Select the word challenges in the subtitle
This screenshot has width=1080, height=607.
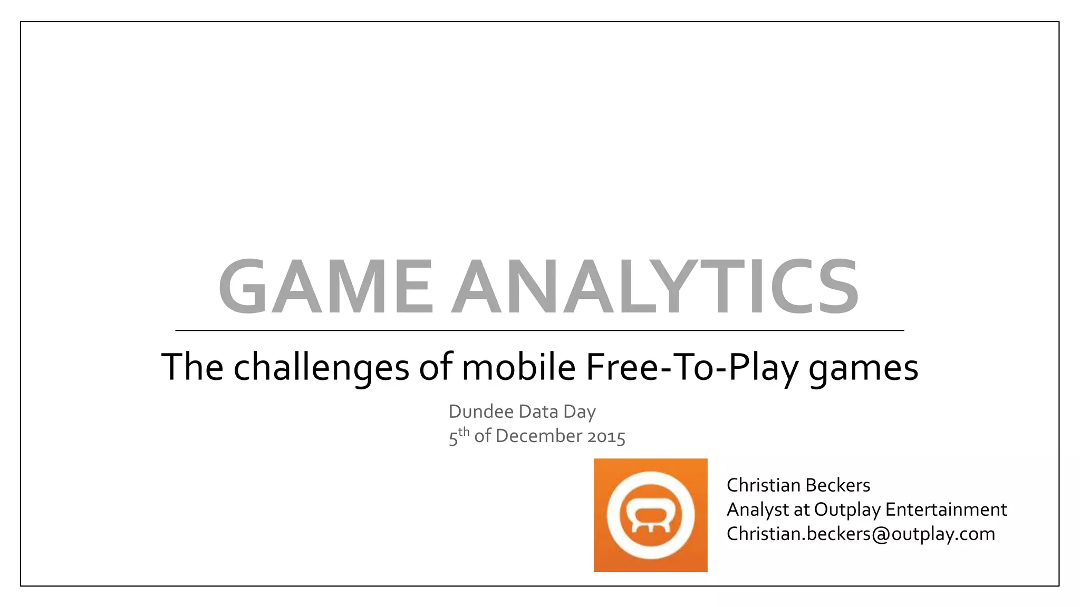point(321,367)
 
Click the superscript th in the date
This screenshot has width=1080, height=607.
point(464,432)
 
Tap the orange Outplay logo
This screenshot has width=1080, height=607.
point(650,515)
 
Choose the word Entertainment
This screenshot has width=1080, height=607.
point(946,510)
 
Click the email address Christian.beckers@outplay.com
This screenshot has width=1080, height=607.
point(861,534)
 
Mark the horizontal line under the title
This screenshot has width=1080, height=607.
point(539,330)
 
